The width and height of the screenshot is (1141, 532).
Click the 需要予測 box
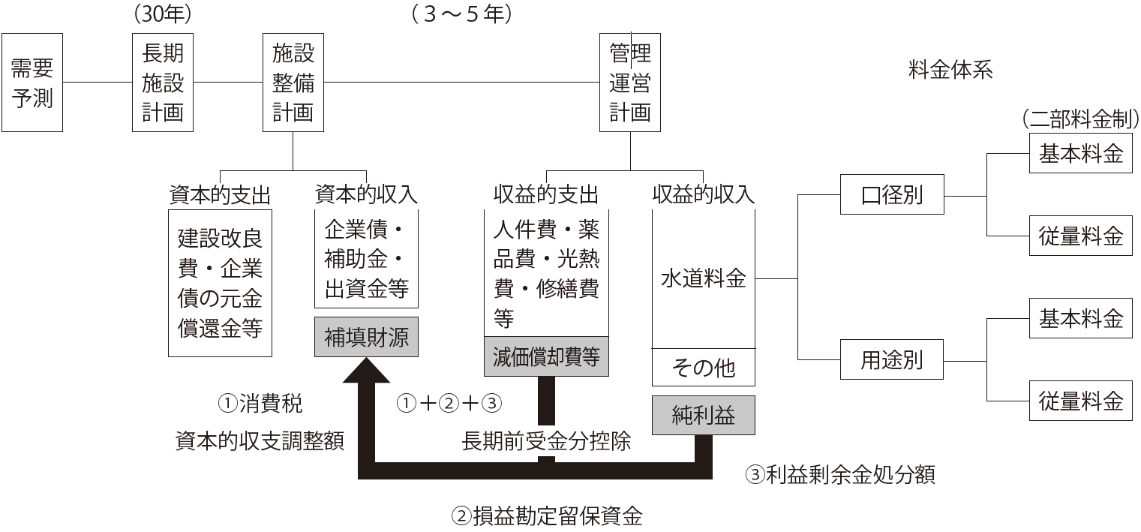pos(32,83)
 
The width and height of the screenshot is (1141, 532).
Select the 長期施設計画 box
pos(163,83)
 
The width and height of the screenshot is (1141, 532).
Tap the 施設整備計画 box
pos(293,83)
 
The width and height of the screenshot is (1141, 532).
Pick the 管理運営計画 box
pos(629,83)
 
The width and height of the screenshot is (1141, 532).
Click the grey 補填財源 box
pos(367,337)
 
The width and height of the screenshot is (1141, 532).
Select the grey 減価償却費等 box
pos(546,356)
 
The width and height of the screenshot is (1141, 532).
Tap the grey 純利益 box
pos(703,415)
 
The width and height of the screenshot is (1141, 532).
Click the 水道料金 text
pos(703,279)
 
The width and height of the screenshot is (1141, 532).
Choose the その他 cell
pos(703,368)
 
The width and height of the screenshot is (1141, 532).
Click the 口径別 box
pos(891,196)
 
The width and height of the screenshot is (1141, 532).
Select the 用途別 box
pos(891,362)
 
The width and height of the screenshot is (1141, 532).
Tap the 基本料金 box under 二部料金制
pos(1080,153)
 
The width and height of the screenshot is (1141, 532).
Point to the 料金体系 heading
pos(950,71)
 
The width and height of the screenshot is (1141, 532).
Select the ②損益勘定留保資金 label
pos(546,516)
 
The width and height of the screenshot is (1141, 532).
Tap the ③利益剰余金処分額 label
pos(839,475)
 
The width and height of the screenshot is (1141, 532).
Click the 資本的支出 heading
pos(219,194)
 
